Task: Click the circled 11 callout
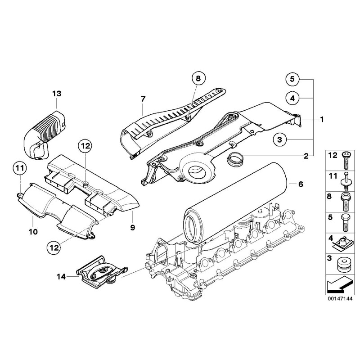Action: [x=18, y=169]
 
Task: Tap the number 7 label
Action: [x=143, y=98]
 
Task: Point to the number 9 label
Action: [x=132, y=227]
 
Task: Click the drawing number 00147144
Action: [x=340, y=298]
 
